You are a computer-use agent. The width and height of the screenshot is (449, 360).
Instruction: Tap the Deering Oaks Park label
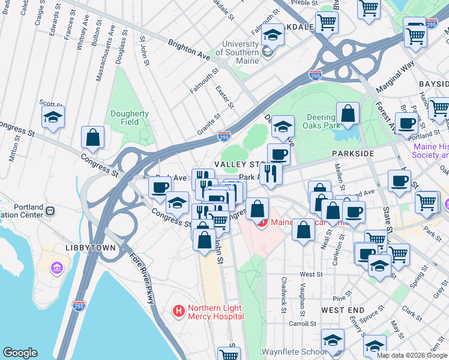pyautogui.click(x=325, y=121)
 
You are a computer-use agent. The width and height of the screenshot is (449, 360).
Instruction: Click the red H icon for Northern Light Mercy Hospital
pyautogui.click(x=178, y=311)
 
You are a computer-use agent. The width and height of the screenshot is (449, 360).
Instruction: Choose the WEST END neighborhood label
pyautogui.click(x=342, y=310)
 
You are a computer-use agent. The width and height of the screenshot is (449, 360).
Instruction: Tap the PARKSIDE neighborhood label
pyautogui.click(x=353, y=154)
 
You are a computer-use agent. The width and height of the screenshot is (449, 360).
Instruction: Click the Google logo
pyautogui.click(x=20, y=353)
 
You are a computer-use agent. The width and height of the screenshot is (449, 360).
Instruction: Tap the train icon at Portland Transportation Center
pyautogui.click(x=50, y=211)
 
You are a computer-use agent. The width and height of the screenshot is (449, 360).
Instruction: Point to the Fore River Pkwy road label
pyautogui.click(x=141, y=279)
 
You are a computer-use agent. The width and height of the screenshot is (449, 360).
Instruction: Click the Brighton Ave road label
pyautogui.click(x=185, y=49)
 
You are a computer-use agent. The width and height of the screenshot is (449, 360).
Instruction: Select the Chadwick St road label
pyautogui.click(x=283, y=293)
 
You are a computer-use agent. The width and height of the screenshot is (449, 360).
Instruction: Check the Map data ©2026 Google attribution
pyautogui.click(x=412, y=355)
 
